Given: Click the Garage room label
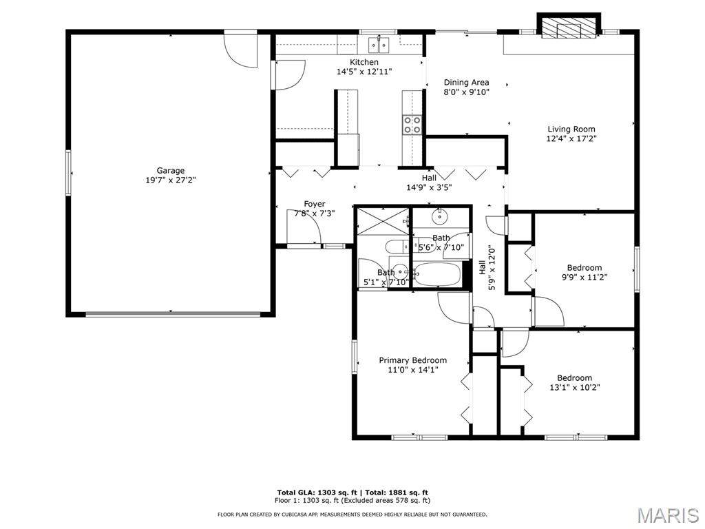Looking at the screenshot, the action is tap(171, 171).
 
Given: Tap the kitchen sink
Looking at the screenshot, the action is tap(379, 45).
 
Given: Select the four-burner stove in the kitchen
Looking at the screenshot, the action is tap(412, 125).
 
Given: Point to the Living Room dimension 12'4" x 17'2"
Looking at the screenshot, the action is tap(571, 138).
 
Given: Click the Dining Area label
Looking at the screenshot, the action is tap(466, 83).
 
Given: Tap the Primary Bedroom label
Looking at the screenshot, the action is tap(413, 360).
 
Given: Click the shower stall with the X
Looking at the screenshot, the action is tap(383, 221).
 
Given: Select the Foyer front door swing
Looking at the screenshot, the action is tap(304, 227).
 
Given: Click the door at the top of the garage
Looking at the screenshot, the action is tap(241, 50).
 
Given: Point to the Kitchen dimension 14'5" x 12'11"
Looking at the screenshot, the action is tap(364, 71).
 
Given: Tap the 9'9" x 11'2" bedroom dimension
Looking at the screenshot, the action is tap(585, 277).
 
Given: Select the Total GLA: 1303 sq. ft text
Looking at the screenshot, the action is tap(319, 492).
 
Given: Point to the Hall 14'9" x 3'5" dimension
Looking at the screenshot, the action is tap(429, 187).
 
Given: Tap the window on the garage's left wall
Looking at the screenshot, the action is tap(69, 173).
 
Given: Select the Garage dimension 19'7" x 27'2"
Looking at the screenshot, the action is tap(171, 180).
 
